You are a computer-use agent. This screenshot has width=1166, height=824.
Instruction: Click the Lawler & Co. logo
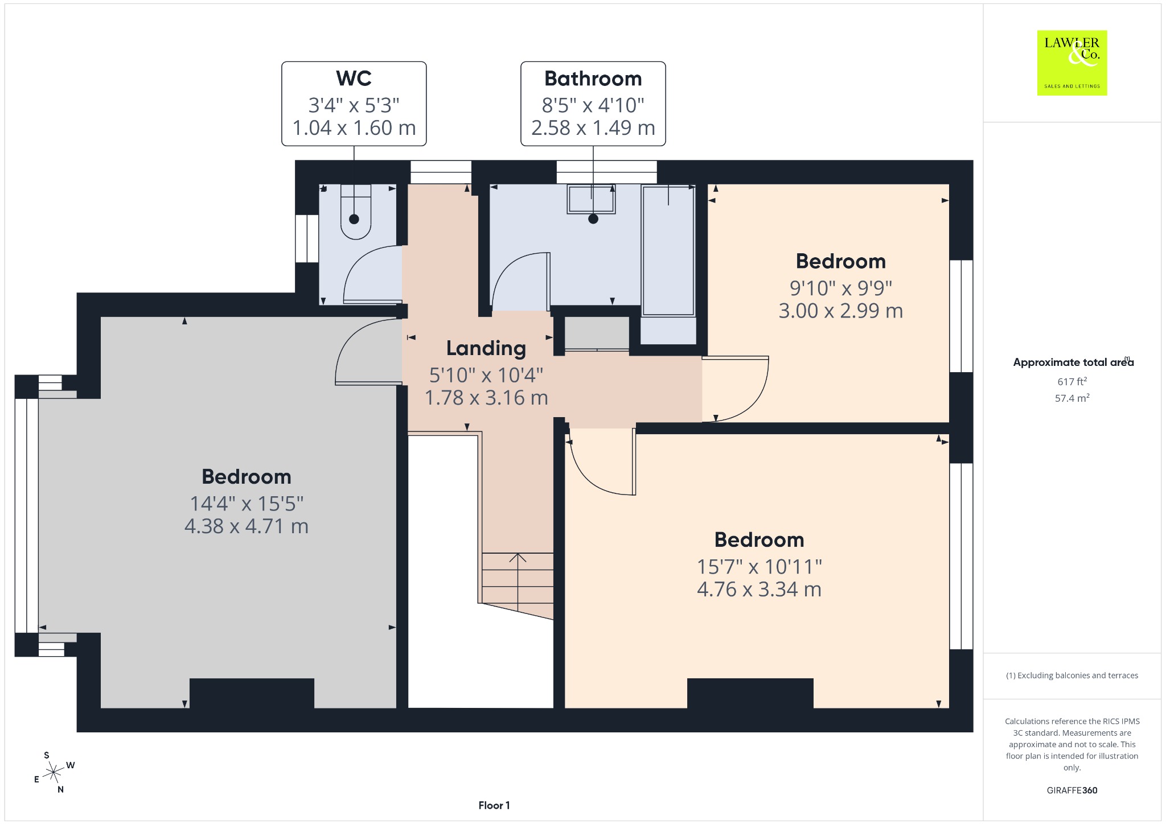coord(1072,63)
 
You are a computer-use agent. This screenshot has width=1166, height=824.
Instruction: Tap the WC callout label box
coord(354,104)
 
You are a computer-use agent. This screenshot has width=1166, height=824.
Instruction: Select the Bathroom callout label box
coord(593,104)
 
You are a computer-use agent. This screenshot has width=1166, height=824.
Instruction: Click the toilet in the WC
coord(356,211)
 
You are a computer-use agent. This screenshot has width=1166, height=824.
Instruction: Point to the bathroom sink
coord(591,199)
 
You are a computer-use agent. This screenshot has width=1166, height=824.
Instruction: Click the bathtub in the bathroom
coord(668,250)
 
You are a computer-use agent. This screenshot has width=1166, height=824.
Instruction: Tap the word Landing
coord(486,348)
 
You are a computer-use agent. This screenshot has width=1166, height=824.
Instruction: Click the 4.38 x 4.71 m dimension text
coord(247,526)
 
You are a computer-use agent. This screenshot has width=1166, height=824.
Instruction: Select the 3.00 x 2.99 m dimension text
coord(841,311)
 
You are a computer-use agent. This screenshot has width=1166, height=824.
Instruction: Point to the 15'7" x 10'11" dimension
coord(759,567)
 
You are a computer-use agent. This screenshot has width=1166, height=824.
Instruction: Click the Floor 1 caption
coord(494,805)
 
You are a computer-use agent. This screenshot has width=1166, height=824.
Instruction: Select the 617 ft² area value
coord(1072,381)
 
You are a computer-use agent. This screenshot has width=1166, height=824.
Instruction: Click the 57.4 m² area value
coord(1072,398)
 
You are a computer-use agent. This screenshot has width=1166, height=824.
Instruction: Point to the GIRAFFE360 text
coord(1072,790)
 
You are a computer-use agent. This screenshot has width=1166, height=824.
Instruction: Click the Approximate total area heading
coord(1073,362)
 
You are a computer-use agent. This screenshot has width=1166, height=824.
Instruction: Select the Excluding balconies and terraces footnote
coord(1072,675)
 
